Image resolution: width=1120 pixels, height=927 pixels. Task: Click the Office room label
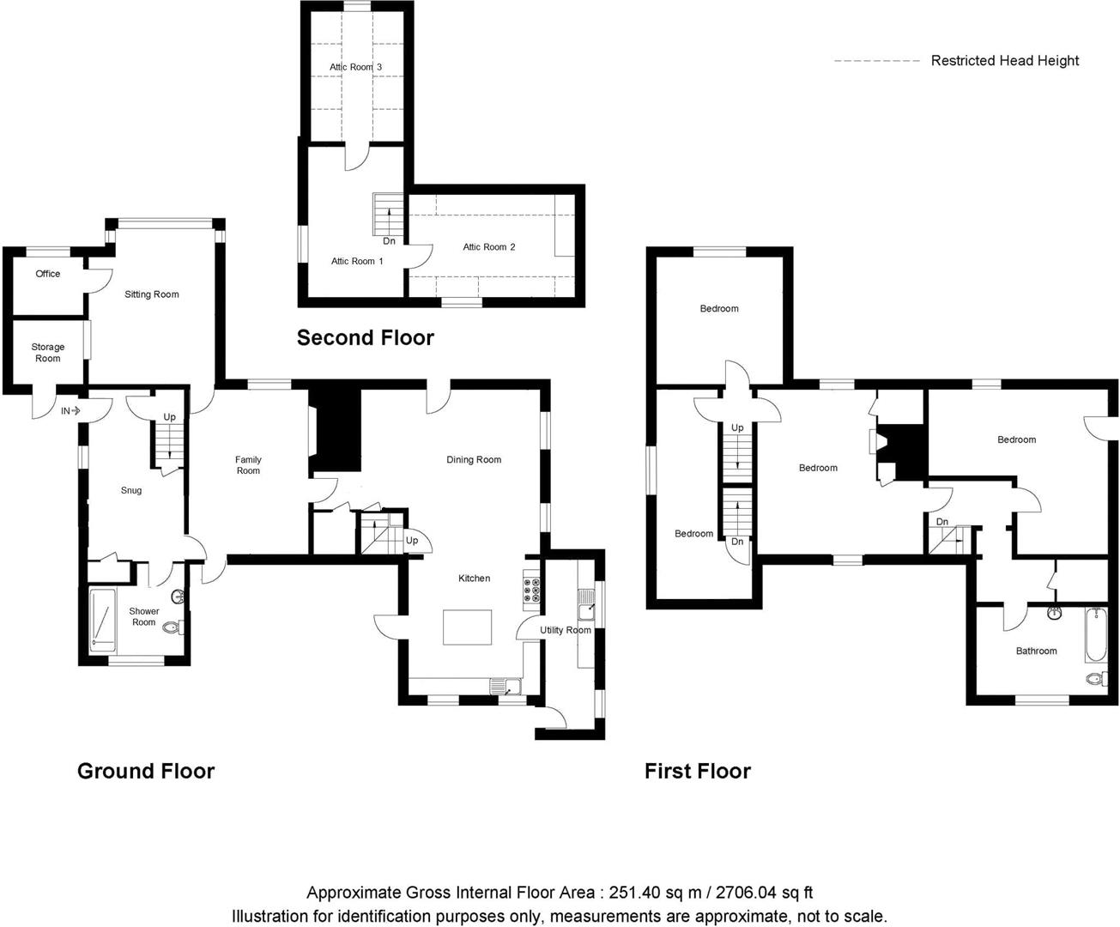(48, 274)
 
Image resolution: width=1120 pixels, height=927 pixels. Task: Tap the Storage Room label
(48, 353)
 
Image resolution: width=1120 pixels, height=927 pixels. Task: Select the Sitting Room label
(152, 294)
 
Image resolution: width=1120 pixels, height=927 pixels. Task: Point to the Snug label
(131, 490)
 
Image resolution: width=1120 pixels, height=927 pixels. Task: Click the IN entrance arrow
(76, 411)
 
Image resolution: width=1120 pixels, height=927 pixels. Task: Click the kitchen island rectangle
(467, 627)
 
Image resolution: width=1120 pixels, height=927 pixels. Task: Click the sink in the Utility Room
(585, 604)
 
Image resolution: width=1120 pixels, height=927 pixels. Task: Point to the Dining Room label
(474, 460)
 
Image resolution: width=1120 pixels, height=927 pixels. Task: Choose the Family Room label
(248, 465)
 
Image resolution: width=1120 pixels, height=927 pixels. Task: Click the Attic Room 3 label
(355, 67)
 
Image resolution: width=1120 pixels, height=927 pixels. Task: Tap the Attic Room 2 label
(489, 247)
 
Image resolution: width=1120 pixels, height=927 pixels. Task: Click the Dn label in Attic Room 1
(390, 241)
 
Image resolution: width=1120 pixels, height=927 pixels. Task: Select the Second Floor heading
(366, 338)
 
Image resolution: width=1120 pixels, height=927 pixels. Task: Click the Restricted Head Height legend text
(1005, 61)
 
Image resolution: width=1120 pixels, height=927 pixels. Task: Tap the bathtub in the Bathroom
(1096, 634)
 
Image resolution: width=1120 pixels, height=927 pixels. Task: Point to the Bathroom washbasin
(1055, 613)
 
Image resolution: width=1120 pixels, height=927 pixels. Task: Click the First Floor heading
(697, 772)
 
